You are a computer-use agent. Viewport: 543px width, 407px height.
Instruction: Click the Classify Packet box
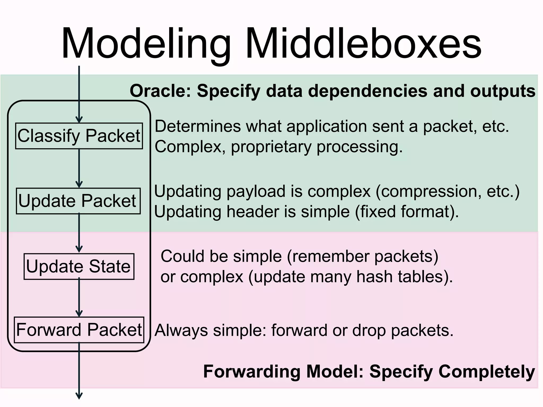[x=79, y=136]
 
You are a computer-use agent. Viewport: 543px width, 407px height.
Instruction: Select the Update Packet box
[x=78, y=201]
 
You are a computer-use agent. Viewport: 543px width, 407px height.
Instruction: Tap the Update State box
[x=79, y=266]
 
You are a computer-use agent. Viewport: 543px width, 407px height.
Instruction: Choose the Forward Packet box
[x=79, y=330]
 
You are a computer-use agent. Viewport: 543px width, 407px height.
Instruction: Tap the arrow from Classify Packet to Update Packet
[x=79, y=168]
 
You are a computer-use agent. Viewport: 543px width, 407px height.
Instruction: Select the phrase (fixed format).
[x=407, y=212]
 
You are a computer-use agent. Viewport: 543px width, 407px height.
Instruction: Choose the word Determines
[x=198, y=126]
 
